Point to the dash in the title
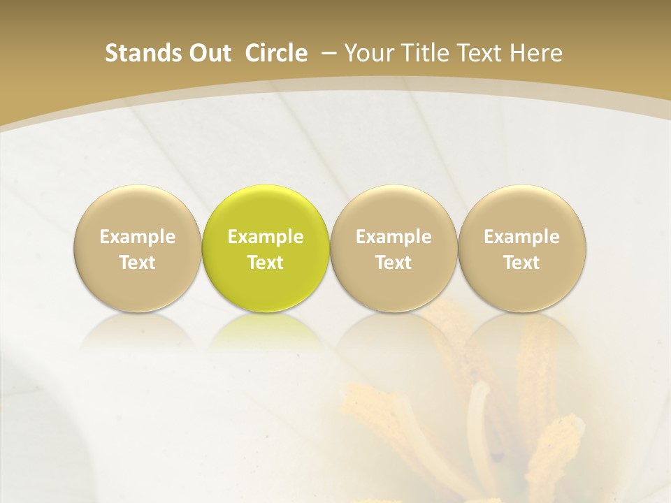(x=326, y=54)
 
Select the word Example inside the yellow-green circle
(x=266, y=237)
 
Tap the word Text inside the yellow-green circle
(x=266, y=263)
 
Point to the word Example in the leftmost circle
(x=137, y=237)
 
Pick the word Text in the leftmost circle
(x=137, y=263)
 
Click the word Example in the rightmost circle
(x=521, y=237)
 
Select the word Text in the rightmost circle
(x=521, y=263)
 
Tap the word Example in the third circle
(x=394, y=237)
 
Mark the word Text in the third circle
(x=394, y=263)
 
